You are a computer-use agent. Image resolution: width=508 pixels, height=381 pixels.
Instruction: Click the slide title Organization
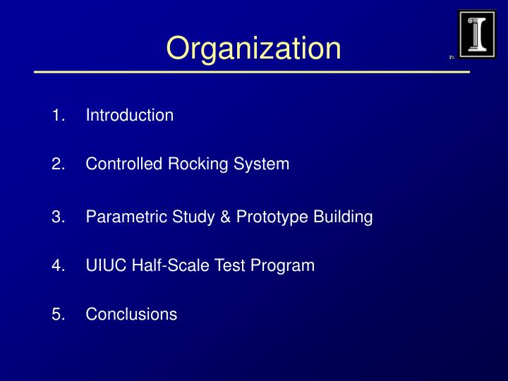tap(253, 48)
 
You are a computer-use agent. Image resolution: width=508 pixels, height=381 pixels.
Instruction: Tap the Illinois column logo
tap(477, 33)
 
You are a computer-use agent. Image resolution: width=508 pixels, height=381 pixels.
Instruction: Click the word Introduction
tap(130, 115)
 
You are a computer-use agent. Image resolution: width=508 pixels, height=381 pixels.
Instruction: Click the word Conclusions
tap(131, 315)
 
